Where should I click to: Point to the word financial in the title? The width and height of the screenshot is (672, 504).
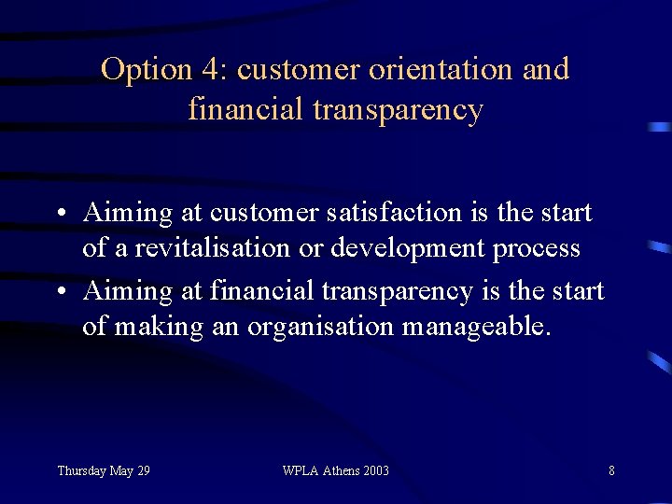246,110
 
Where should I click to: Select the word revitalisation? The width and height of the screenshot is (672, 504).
211,249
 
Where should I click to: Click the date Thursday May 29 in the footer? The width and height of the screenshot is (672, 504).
103,470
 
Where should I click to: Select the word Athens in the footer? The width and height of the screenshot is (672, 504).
339,470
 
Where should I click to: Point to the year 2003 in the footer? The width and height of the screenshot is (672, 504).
375,470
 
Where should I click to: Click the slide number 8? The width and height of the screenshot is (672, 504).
611,470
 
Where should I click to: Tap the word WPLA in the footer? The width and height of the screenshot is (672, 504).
300,470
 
